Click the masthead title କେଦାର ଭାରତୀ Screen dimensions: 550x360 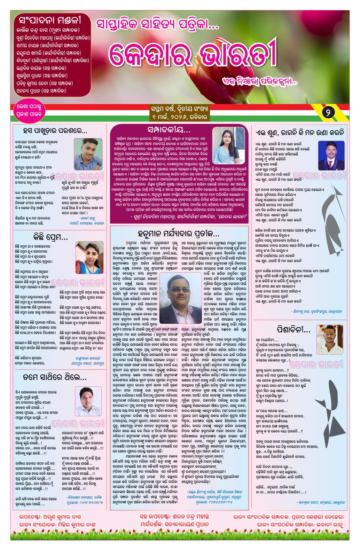[193, 56]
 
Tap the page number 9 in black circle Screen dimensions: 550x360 [328, 112]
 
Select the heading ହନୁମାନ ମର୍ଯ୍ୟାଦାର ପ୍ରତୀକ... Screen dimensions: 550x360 [179, 233]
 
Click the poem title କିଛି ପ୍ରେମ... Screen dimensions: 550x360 [50, 237]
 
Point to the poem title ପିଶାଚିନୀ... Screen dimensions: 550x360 [294, 329]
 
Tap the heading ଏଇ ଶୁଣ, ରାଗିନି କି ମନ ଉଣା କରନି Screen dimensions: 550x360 [300, 132]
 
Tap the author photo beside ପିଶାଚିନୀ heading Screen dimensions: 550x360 [331, 338]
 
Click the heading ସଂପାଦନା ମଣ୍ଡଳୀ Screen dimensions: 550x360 [50, 19]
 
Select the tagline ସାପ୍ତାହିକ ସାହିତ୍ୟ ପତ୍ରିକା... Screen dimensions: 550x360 [158, 24]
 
